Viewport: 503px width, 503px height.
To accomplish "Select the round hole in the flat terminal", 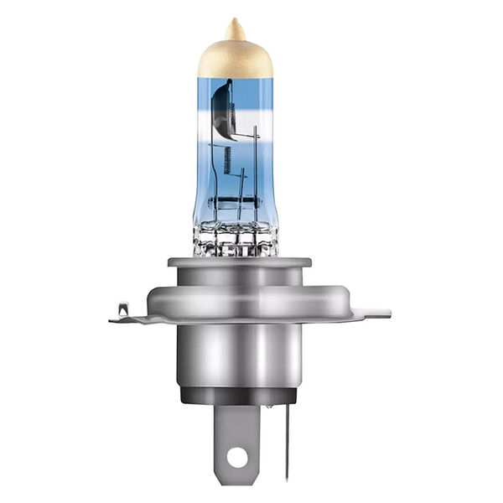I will pos(238,458).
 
